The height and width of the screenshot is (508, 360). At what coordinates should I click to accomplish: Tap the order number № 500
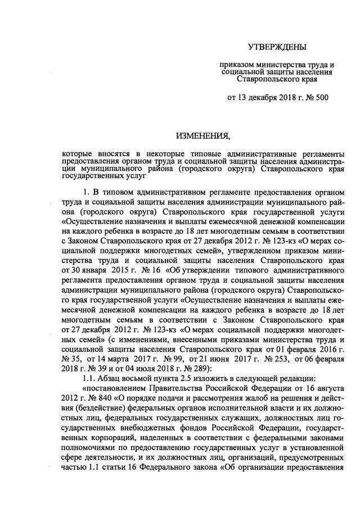coord(318,98)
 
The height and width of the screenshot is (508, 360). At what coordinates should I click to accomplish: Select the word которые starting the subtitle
coord(78,153)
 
